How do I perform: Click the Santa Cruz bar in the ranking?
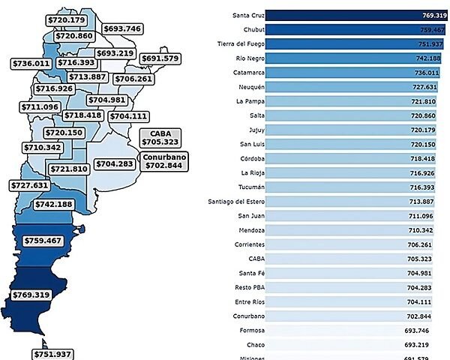coord(356,14)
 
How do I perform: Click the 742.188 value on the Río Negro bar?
coord(428,58)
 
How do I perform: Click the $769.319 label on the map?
coord(31,295)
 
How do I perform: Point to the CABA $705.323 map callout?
coord(160,137)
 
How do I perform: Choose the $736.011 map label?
coord(30,64)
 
